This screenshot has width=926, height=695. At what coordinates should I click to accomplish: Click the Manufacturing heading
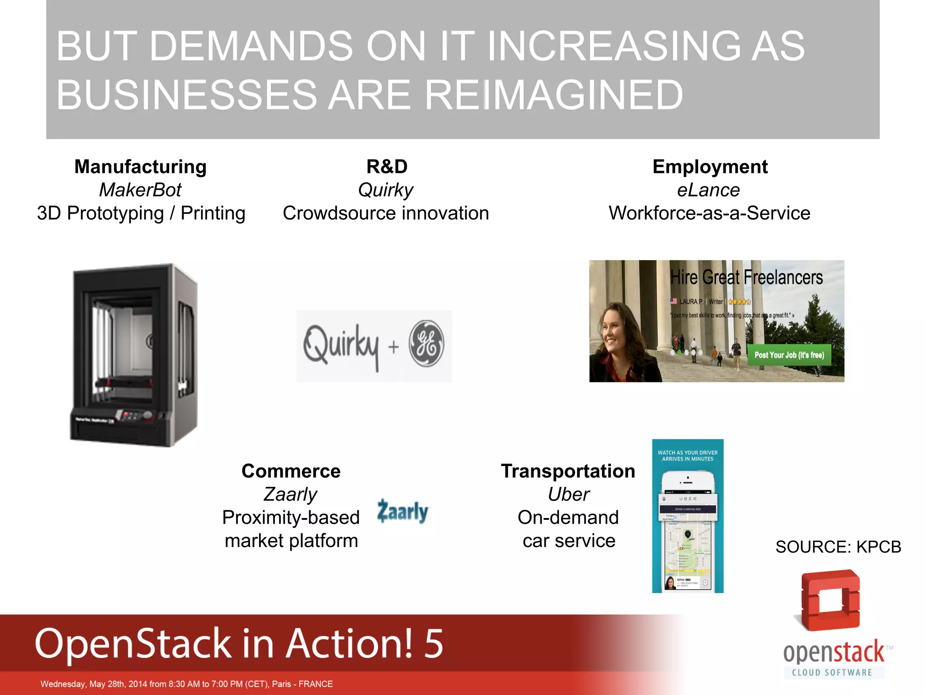tap(140, 167)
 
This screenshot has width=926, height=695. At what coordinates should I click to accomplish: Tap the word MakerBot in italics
tap(140, 190)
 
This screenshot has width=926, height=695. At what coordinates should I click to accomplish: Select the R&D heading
tap(387, 167)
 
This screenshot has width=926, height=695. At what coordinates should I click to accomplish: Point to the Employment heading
tap(709, 167)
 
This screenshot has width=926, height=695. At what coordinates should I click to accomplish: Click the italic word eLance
tap(708, 190)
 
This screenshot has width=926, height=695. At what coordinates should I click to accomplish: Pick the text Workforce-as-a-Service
tap(709, 213)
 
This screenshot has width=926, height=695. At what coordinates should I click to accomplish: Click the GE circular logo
tap(426, 343)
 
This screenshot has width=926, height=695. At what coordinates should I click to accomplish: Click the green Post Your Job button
tap(789, 355)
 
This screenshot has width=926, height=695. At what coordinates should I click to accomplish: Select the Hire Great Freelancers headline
tap(746, 277)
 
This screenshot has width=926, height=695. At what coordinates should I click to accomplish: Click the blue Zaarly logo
tap(402, 511)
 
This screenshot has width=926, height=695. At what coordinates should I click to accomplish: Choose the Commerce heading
tap(291, 471)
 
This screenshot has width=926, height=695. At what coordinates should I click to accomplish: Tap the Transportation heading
tap(568, 471)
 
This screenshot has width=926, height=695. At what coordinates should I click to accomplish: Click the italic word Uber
tap(568, 495)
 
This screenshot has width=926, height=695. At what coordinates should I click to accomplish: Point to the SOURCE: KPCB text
tap(838, 547)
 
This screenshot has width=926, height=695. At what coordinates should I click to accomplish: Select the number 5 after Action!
tap(433, 643)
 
